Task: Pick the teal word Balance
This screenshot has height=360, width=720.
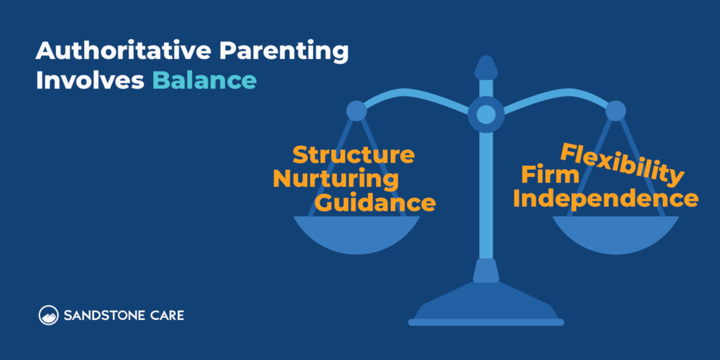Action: click(204, 80)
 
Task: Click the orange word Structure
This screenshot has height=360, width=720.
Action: click(353, 155)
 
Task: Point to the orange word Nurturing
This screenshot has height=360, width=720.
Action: click(336, 179)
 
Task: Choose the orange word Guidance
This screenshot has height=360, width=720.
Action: click(376, 202)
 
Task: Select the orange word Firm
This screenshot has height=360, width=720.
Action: click(550, 176)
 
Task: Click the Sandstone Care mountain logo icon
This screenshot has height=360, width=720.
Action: click(48, 315)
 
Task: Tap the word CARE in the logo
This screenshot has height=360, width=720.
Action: click(169, 315)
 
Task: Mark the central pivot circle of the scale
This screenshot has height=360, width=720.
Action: click(486, 114)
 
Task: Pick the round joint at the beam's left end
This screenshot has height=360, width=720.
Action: click(356, 111)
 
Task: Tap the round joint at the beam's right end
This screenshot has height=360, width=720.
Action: click(616, 111)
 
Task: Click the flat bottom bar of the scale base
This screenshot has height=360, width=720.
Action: click(486, 322)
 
